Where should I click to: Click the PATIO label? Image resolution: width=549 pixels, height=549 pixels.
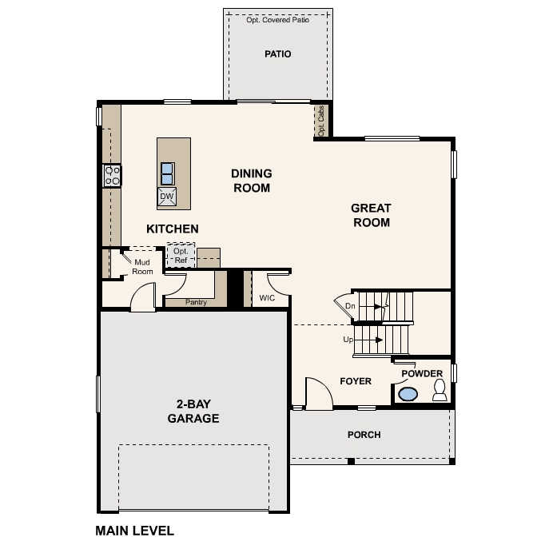pyautogui.click(x=277, y=54)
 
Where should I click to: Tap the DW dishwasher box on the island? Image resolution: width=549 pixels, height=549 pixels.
pyautogui.click(x=167, y=197)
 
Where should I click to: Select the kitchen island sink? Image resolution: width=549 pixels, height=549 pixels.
pyautogui.click(x=167, y=173)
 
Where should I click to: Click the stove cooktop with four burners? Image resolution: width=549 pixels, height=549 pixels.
pyautogui.click(x=112, y=175)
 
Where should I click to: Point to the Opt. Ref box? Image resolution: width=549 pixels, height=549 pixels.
pyautogui.click(x=181, y=256)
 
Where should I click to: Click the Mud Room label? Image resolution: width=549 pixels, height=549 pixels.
pyautogui.click(x=142, y=266)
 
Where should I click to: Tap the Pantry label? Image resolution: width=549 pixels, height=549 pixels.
pyautogui.click(x=196, y=302)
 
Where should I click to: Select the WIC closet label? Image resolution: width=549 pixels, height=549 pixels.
pyautogui.click(x=267, y=298)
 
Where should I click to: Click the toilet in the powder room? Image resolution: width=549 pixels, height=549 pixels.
pyautogui.click(x=439, y=390)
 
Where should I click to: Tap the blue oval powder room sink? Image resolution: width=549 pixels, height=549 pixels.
pyautogui.click(x=408, y=394)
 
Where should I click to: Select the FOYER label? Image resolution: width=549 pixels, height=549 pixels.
pyautogui.click(x=356, y=381)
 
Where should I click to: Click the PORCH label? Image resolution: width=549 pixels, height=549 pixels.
pyautogui.click(x=364, y=435)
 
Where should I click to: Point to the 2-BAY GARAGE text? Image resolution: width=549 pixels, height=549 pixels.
pyautogui.click(x=193, y=412)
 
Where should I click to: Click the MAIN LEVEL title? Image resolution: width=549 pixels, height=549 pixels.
pyautogui.click(x=134, y=530)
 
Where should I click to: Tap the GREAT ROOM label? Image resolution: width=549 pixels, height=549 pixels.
pyautogui.click(x=371, y=215)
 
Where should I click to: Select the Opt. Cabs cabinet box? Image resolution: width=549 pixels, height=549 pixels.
pyautogui.click(x=321, y=121)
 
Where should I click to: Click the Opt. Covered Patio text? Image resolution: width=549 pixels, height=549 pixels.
pyautogui.click(x=277, y=19)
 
